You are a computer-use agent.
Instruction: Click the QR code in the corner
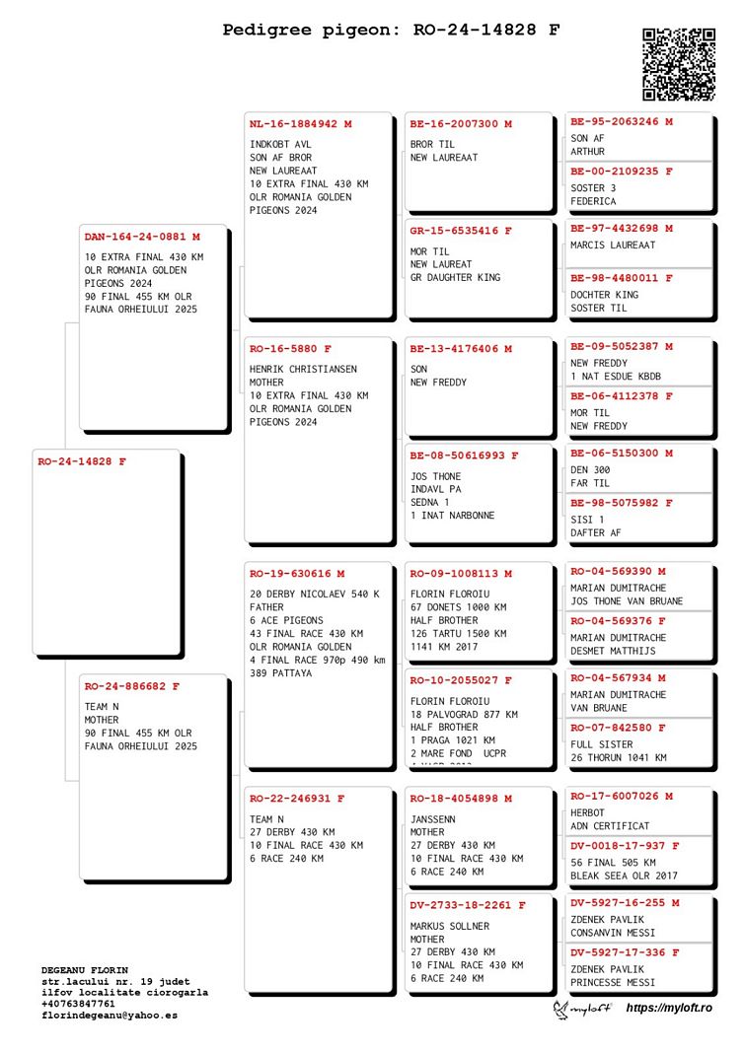pos(679,64)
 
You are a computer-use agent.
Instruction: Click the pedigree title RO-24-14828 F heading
pos(391,31)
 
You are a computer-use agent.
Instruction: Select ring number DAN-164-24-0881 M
pos(142,237)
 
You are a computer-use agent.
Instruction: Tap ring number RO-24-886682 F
pos(132,686)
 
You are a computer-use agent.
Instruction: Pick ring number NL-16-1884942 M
pos(300,124)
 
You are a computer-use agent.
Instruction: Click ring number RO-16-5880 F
pos(290,349)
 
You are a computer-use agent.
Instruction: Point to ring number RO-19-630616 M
pos(297,574)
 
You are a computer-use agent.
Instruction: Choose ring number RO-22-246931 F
pos(297,799)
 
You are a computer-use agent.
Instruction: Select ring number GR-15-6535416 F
pos(461,231)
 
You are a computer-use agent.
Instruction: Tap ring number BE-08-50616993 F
pos(465,456)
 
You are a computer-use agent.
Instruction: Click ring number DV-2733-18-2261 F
pos(468,905)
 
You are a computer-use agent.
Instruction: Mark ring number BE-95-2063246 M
pos(622,122)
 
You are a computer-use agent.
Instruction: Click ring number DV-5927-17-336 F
pos(625,952)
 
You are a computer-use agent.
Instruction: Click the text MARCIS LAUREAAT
pos(613,245)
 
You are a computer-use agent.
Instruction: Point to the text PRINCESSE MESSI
pos(613,983)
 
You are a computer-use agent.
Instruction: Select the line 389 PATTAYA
pos(280,673)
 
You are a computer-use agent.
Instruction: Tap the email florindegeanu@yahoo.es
pos(110,1015)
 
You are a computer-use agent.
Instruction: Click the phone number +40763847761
pos(78,1004)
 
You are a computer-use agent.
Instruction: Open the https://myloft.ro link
pos(669,1007)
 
